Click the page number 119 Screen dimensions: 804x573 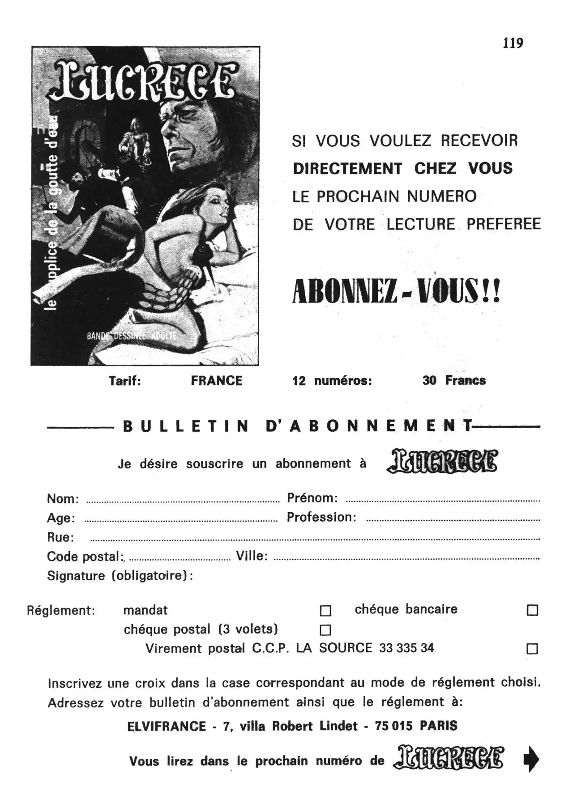click(x=513, y=43)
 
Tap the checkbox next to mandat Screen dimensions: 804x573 click(x=325, y=611)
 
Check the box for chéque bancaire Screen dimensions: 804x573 click(x=532, y=610)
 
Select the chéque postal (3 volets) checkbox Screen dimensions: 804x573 click(x=325, y=630)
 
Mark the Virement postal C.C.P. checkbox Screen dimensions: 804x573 click(x=532, y=649)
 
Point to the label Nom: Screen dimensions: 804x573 click(x=63, y=499)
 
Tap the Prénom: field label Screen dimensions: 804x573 click(x=312, y=498)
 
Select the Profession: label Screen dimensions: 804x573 click(x=321, y=518)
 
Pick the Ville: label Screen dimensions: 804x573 click(x=252, y=556)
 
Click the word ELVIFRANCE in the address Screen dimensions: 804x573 click(x=167, y=726)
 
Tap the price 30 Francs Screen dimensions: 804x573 click(x=454, y=380)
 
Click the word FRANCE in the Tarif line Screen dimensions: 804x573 click(x=217, y=381)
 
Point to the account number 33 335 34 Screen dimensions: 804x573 click(x=406, y=648)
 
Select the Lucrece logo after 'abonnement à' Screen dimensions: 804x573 click(x=442, y=462)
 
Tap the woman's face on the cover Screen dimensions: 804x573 click(x=208, y=210)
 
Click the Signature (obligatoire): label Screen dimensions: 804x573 click(x=120, y=576)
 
